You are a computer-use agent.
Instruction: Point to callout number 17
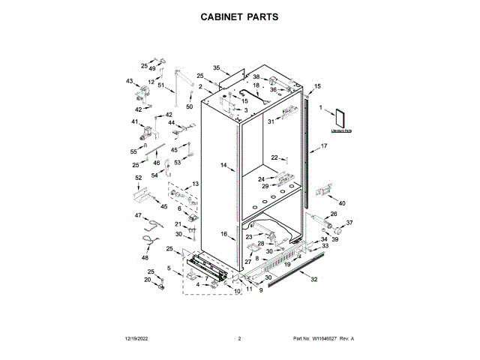tap(325, 145)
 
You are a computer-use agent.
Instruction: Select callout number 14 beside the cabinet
tap(223, 164)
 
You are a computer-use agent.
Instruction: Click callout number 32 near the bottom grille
tap(314, 280)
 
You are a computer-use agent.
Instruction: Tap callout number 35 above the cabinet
tap(217, 67)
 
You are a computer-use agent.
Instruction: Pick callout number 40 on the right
tap(342, 203)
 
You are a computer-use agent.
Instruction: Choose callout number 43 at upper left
tap(129, 81)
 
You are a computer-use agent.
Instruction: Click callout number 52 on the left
tap(138, 178)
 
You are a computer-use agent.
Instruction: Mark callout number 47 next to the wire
tap(138, 215)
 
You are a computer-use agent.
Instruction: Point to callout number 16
tap(223, 234)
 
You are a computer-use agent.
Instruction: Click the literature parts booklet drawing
tap(341, 119)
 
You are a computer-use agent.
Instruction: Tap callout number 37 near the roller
tap(349, 223)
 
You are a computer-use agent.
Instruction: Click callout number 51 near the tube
tap(160, 85)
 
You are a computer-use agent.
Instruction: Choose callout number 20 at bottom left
tap(148, 280)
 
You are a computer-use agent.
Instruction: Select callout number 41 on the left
tap(135, 121)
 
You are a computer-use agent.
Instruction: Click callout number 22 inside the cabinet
tap(274, 157)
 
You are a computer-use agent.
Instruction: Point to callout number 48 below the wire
tap(145, 258)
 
